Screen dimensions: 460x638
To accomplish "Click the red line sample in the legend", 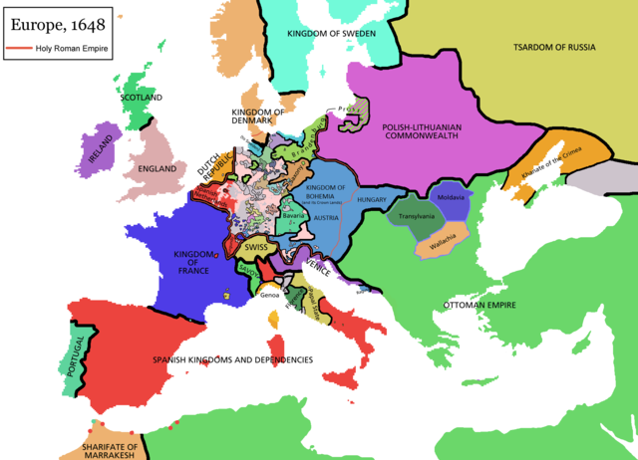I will point(20,47).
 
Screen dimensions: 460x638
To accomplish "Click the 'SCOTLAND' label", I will point(141,98).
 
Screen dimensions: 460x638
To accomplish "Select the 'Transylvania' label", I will point(417,216).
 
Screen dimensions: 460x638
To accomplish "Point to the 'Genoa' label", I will point(270,295).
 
